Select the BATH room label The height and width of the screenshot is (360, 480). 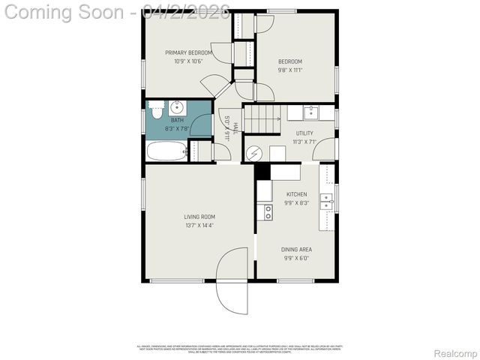[177, 120]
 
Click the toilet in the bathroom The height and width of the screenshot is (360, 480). [156, 111]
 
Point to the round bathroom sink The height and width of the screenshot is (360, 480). [178, 106]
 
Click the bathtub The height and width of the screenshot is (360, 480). [165, 151]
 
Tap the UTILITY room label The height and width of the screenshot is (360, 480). [304, 132]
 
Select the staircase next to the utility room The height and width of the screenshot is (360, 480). [264, 118]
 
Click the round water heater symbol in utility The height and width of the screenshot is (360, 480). [253, 153]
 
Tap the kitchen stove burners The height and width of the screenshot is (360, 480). [265, 212]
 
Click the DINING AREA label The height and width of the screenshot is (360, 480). [296, 249]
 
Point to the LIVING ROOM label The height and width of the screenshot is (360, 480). [199, 217]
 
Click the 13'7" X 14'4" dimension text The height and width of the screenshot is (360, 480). [199, 225]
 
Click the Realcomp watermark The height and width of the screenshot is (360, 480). [455, 353]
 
